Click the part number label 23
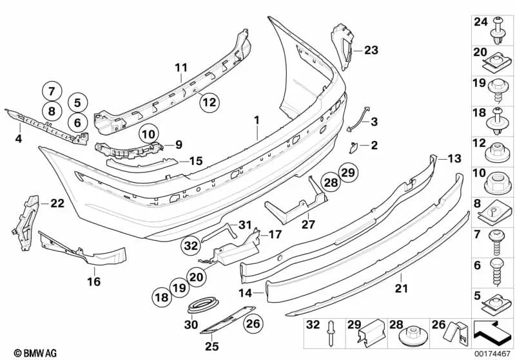point(372,50)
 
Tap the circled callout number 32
point(191,245)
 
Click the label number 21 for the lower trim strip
point(402,289)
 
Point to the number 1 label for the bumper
point(257,120)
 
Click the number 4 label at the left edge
point(18,138)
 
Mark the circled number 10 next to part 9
point(149,135)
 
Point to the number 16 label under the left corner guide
point(93,281)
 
